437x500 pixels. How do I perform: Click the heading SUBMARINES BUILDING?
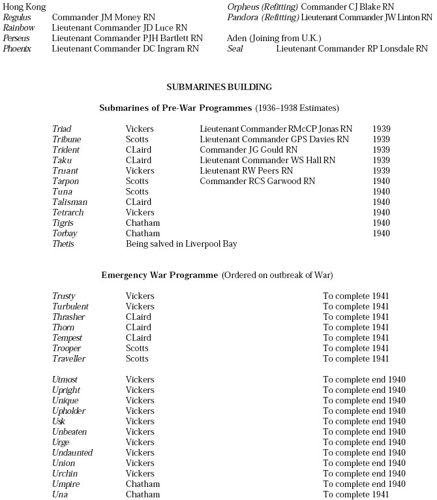coord(219,87)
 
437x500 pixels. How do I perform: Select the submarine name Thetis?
coord(63,244)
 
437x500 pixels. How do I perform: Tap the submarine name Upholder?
coord(68,411)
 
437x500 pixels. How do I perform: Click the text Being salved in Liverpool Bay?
coord(181,244)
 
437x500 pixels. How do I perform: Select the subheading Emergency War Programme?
coord(159,275)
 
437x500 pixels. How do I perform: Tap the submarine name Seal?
coord(235,48)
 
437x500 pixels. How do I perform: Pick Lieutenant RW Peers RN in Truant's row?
coord(248,171)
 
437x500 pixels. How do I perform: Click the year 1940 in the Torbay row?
coord(382,234)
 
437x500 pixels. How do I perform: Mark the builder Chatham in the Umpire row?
coord(142,484)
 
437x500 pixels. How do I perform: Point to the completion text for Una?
coord(356,495)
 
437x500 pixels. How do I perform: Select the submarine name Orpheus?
coord(243,7)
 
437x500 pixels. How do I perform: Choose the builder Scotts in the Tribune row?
coord(137,140)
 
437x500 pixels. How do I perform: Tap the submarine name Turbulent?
coord(70,307)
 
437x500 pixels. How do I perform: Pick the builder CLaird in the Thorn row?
coord(138,328)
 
